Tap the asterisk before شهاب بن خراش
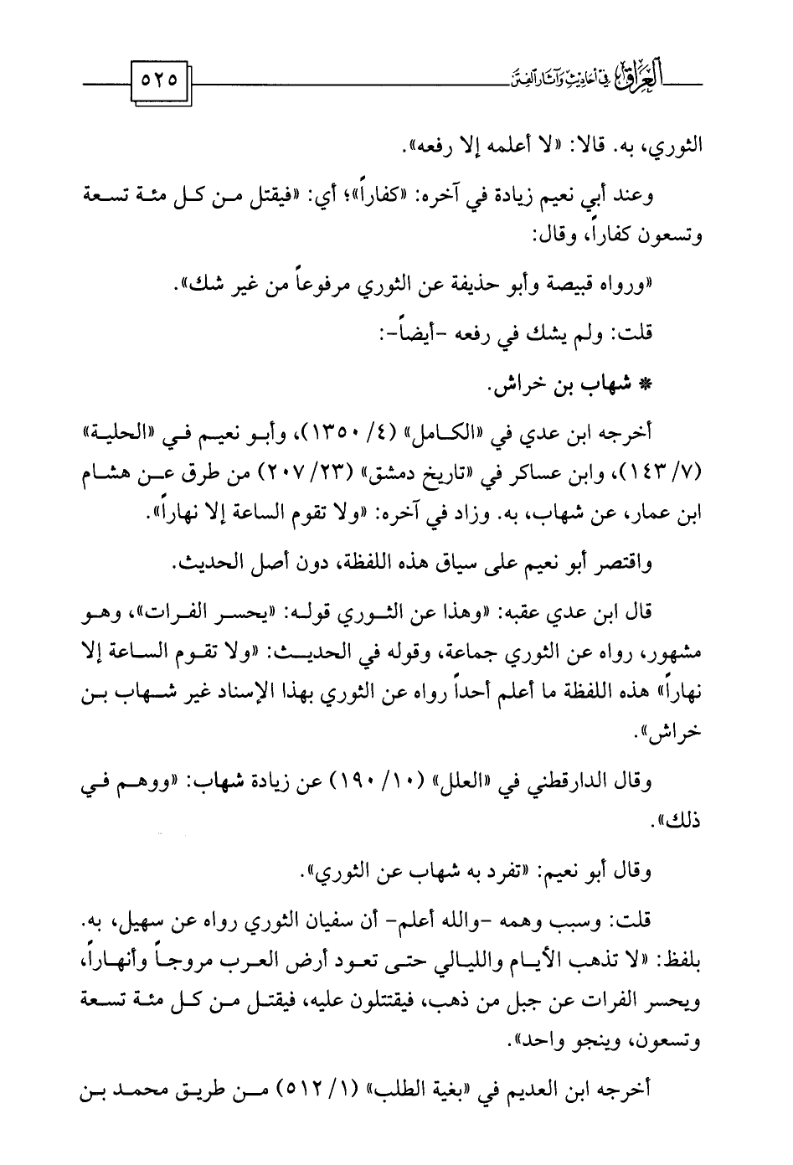[646, 388]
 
